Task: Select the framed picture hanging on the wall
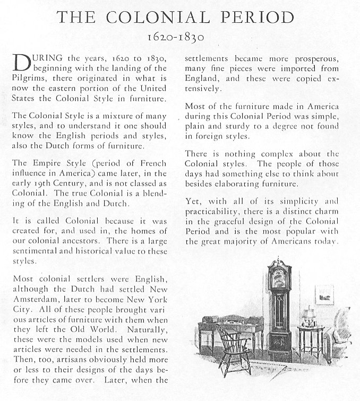324,294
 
